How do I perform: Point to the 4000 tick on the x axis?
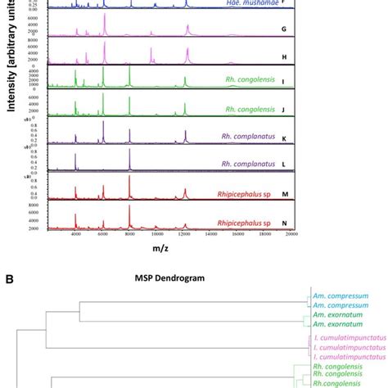75,234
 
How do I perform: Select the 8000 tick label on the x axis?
129,234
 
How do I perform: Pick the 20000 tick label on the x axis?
291,234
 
